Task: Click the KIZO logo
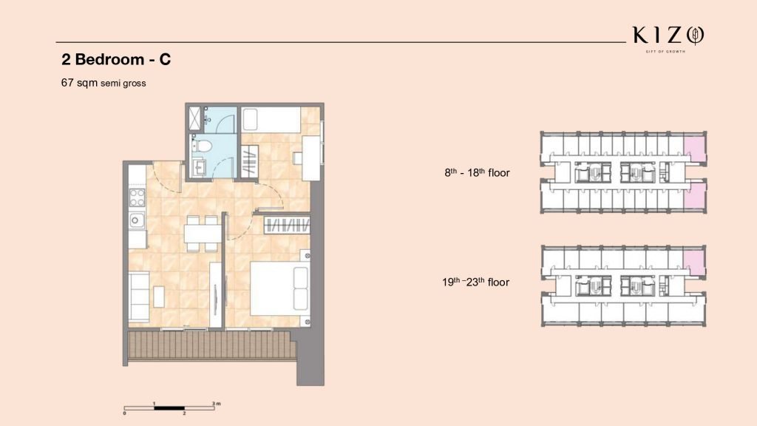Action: [x=668, y=38]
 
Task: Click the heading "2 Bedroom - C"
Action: [x=116, y=59]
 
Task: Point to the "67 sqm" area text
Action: [x=79, y=83]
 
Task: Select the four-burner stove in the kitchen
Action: [x=137, y=197]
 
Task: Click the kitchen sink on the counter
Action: [x=137, y=220]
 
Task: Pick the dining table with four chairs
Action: [x=203, y=234]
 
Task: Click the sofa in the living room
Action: [x=138, y=296]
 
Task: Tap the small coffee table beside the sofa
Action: [x=159, y=297]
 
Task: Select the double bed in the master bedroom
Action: [x=279, y=288]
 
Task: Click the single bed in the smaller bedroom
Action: [x=271, y=119]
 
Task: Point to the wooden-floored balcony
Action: [x=212, y=345]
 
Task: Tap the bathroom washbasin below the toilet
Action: [x=198, y=168]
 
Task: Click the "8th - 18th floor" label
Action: [x=477, y=172]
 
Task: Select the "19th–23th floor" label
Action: [x=475, y=282]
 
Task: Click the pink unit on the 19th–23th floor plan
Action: [x=693, y=264]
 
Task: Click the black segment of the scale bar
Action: [x=169, y=408]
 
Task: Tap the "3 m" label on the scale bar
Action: [x=216, y=403]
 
